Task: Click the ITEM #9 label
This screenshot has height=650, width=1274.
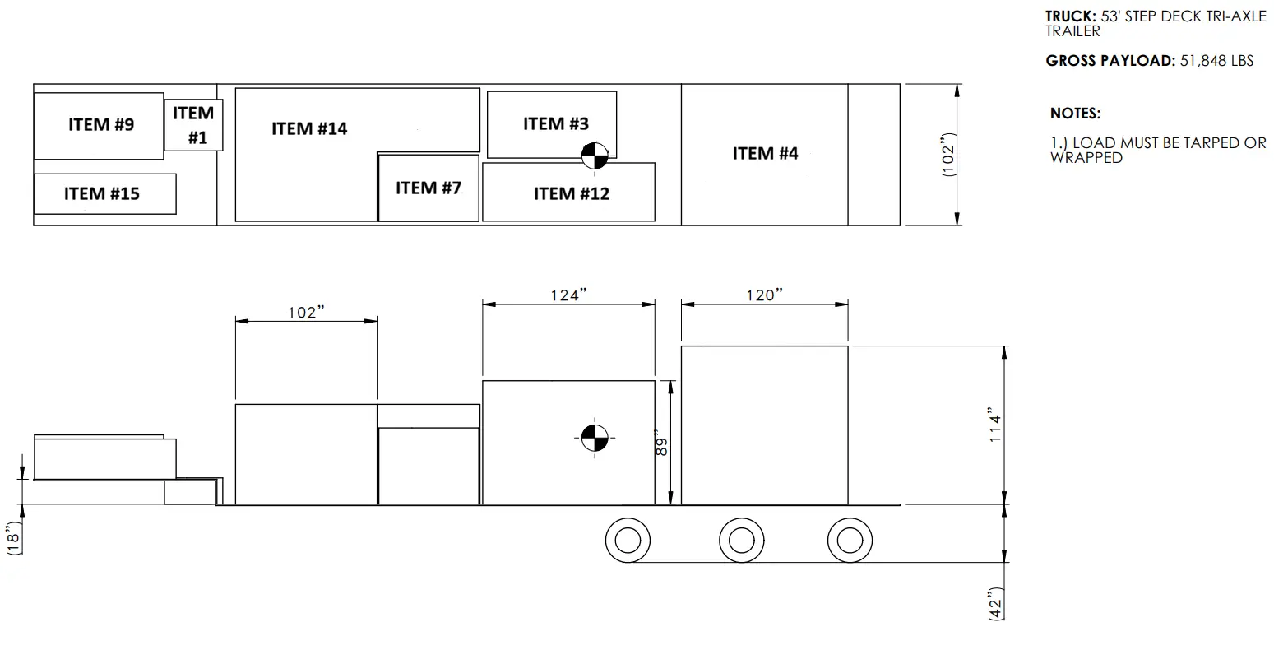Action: coord(101,124)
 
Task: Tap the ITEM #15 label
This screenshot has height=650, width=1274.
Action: coord(102,193)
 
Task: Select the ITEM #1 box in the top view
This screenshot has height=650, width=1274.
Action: coord(193,125)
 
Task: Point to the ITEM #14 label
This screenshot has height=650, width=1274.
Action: coord(309,128)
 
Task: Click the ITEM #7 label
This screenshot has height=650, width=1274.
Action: coord(429,188)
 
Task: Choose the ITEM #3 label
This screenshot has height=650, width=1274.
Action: coord(556,123)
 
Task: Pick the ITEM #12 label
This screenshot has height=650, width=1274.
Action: coord(572,193)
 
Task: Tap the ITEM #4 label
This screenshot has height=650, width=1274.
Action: coord(765,153)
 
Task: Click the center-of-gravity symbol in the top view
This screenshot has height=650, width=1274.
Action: coord(595,156)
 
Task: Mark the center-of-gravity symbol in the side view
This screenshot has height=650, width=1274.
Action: coord(595,438)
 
